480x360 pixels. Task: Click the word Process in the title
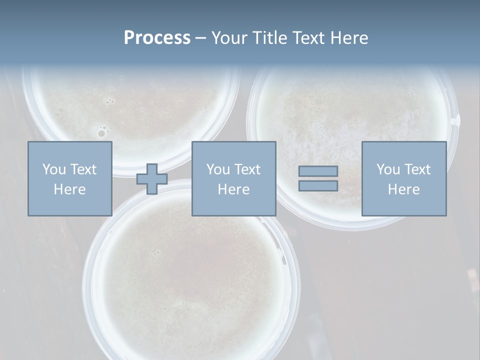tap(157, 38)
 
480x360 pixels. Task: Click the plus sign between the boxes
tap(152, 179)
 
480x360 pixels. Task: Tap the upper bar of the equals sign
tap(318, 171)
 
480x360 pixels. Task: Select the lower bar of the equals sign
tap(318, 186)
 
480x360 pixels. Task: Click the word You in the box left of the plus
tap(53, 169)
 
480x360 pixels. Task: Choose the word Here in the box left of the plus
tap(69, 189)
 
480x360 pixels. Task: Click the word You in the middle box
tap(218, 169)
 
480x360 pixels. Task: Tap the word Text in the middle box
tap(247, 169)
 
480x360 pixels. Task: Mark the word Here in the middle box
tap(233, 189)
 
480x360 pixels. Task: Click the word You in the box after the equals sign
tap(388, 169)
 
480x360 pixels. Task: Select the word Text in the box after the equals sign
tap(417, 169)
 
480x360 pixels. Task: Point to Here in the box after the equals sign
tap(403, 189)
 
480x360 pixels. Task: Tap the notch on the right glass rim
tap(455, 120)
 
